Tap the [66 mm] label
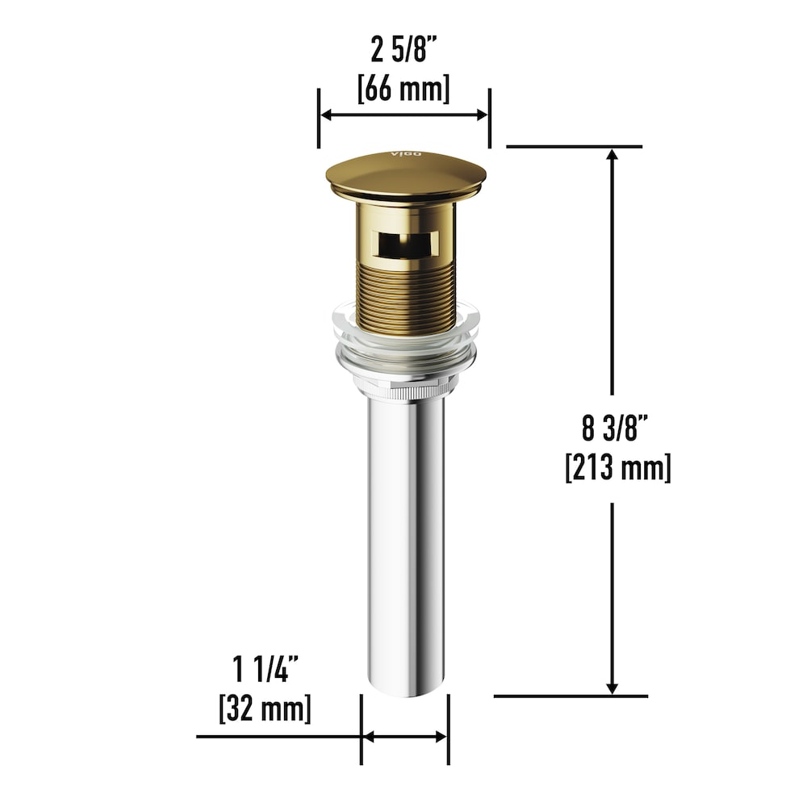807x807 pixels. click(403, 87)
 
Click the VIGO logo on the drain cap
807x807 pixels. click(401, 154)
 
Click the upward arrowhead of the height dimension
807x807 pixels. click(613, 156)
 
